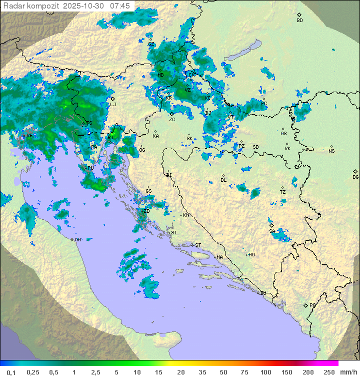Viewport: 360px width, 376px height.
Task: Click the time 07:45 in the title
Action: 120,6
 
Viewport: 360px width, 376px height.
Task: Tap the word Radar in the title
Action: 13,6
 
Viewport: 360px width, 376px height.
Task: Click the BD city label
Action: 299,21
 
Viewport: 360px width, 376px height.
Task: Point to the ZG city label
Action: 172,120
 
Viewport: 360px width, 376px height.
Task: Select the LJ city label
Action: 113,104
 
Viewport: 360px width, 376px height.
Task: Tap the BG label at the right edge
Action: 355,177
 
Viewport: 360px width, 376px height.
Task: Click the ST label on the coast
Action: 198,245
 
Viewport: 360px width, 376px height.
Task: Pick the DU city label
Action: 262,293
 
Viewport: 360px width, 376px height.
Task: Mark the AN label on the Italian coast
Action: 77,240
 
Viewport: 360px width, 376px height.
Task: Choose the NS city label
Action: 331,151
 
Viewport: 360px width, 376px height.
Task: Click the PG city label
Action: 312,305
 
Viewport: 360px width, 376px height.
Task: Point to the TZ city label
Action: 283,192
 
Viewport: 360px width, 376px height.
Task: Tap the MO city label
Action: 251,254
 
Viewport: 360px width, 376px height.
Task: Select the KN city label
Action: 186,215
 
